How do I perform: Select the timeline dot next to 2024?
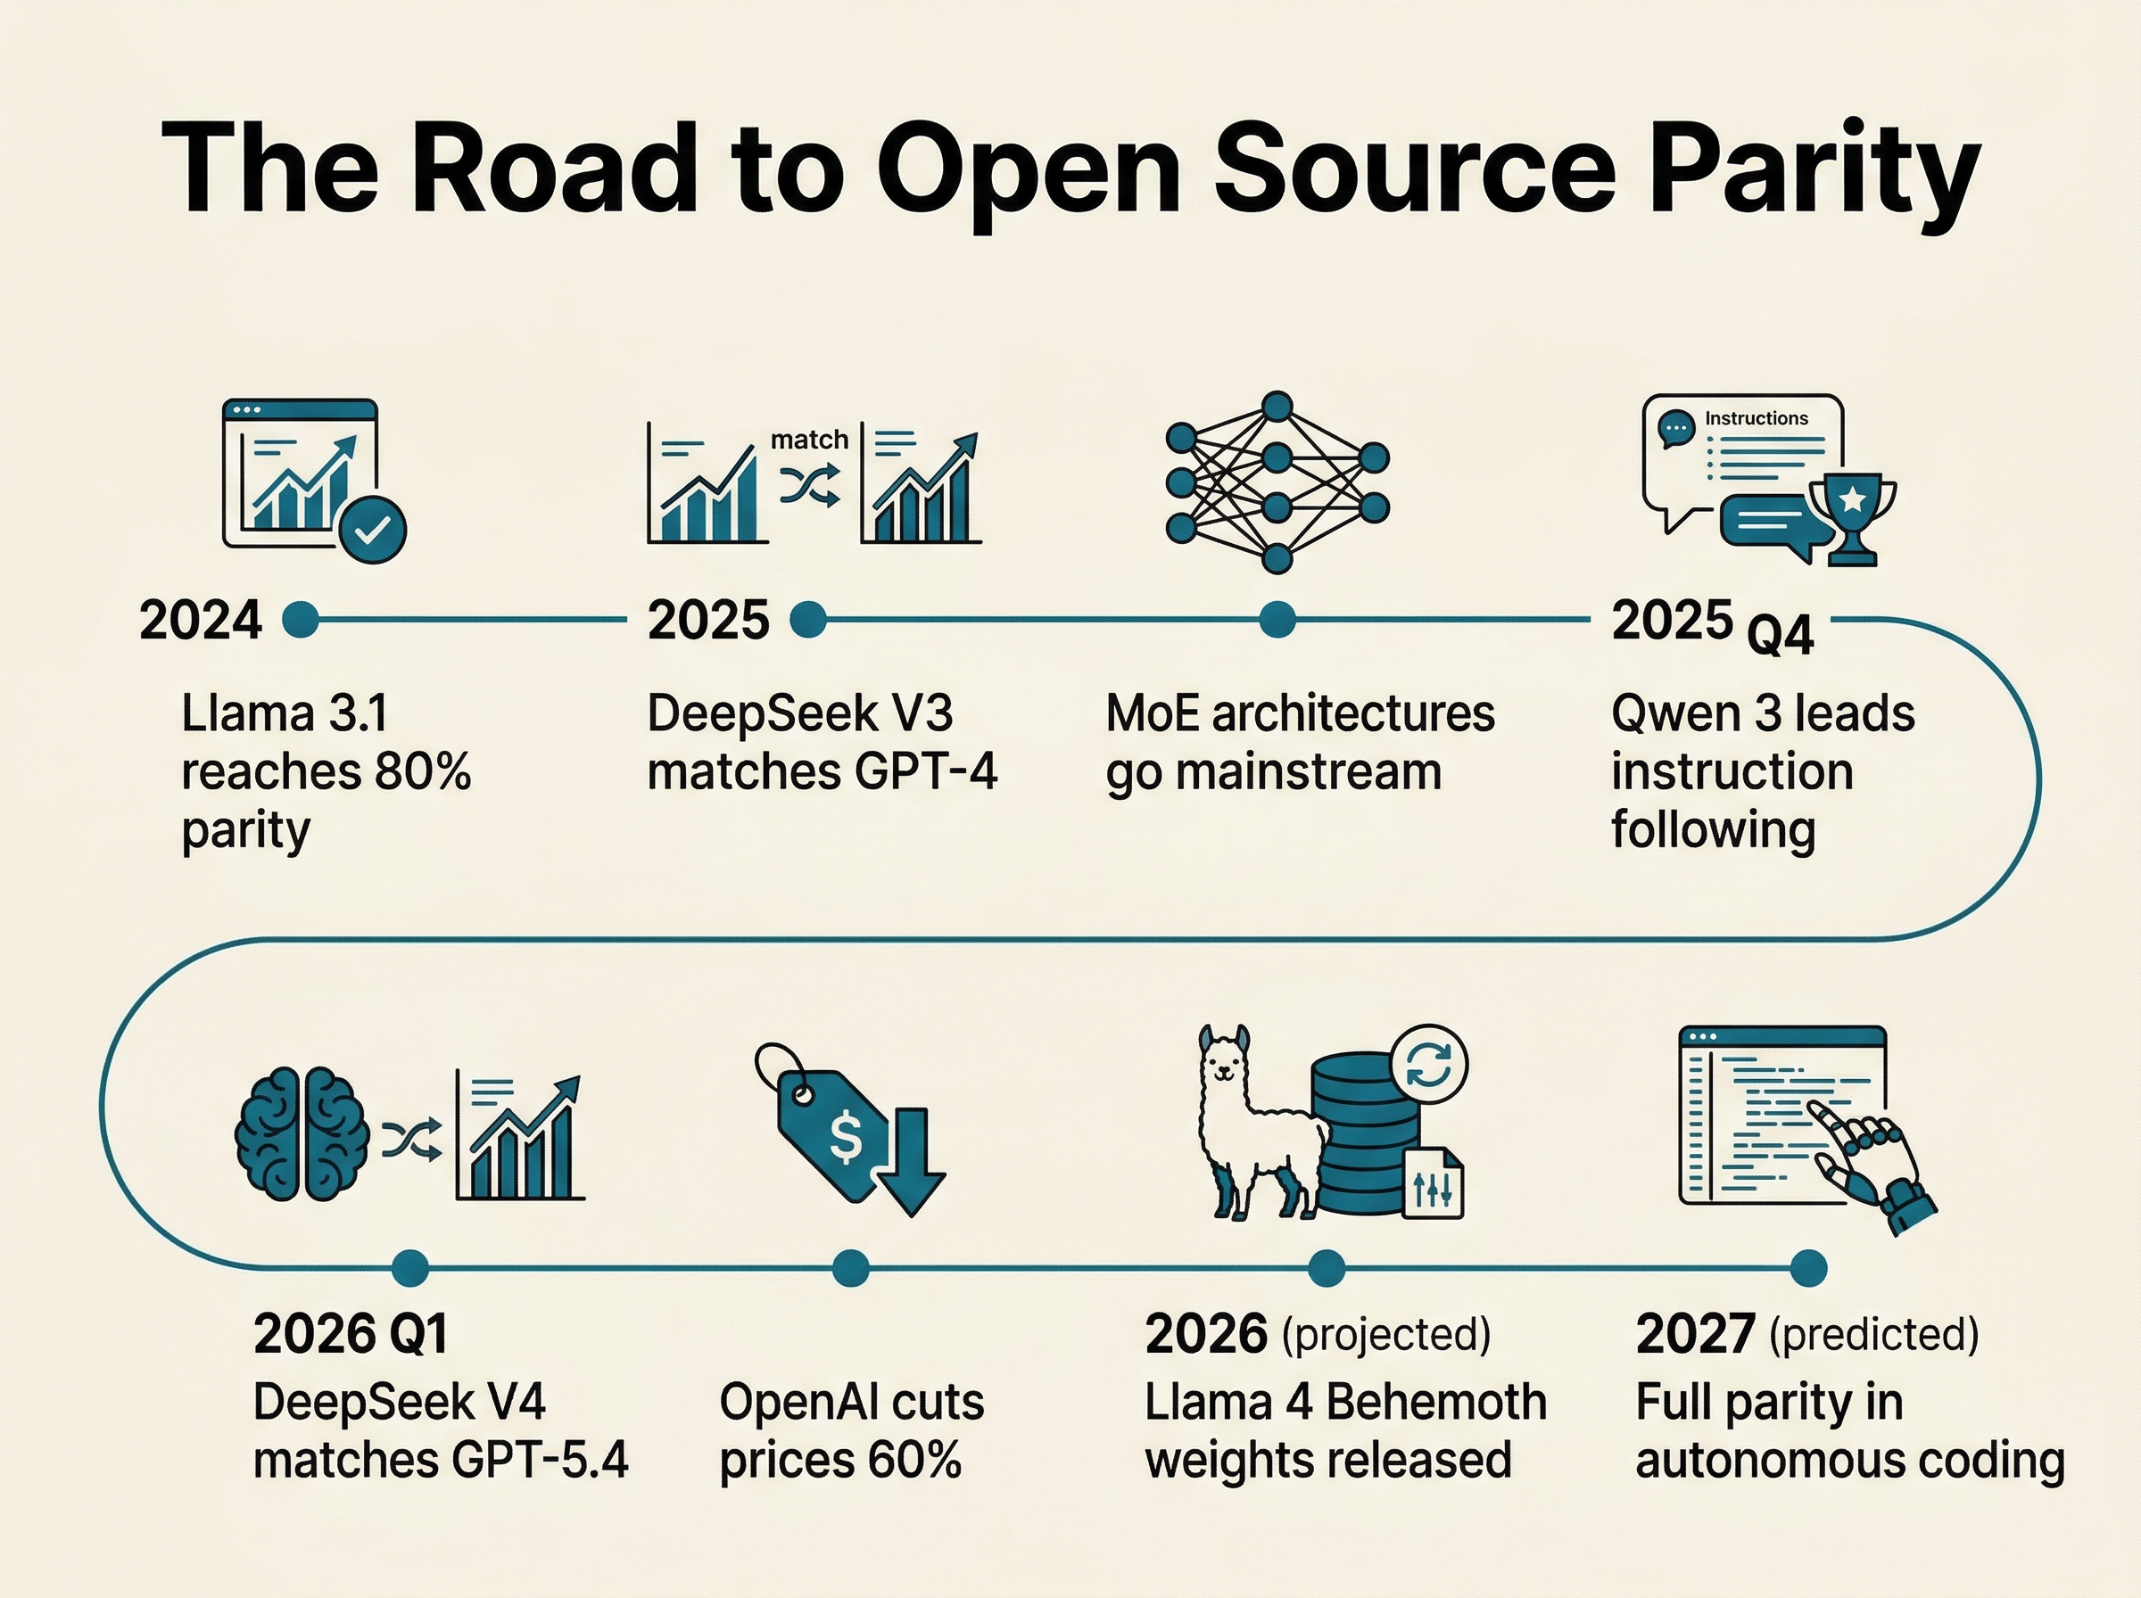301,619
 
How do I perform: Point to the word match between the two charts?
809,441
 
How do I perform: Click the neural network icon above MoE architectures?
1277,482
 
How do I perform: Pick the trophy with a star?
1852,515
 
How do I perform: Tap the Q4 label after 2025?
1780,637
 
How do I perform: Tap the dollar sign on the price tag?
846,1138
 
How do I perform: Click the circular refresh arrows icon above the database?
1429,1065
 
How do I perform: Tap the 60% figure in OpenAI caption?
914,1460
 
